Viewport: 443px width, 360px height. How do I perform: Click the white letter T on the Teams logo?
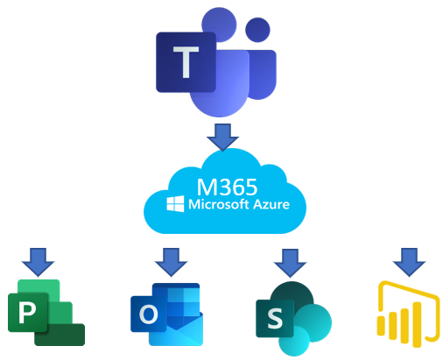coord(186,62)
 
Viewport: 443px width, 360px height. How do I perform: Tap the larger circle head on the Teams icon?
coord(219,25)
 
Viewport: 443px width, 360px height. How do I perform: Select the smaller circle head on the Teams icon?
coord(257,30)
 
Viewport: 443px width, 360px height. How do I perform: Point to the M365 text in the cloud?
coord(228,187)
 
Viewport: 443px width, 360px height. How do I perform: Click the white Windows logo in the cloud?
coord(175,203)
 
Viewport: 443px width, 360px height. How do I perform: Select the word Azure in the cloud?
coord(271,204)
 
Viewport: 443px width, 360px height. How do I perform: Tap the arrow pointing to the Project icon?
coord(38,262)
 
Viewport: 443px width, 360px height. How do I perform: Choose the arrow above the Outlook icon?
coord(171,262)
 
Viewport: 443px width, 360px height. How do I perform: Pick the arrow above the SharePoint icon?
coord(290,263)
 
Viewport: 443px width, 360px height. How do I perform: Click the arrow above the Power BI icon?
coord(409,262)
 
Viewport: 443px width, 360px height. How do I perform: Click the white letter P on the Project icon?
coord(27,313)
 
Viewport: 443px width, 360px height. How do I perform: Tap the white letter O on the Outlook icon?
coord(149,314)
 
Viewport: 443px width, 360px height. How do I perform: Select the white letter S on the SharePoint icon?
coord(275,318)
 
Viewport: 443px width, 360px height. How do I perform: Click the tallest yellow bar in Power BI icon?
coord(418,324)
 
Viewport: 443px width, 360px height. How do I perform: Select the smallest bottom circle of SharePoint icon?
coord(294,341)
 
